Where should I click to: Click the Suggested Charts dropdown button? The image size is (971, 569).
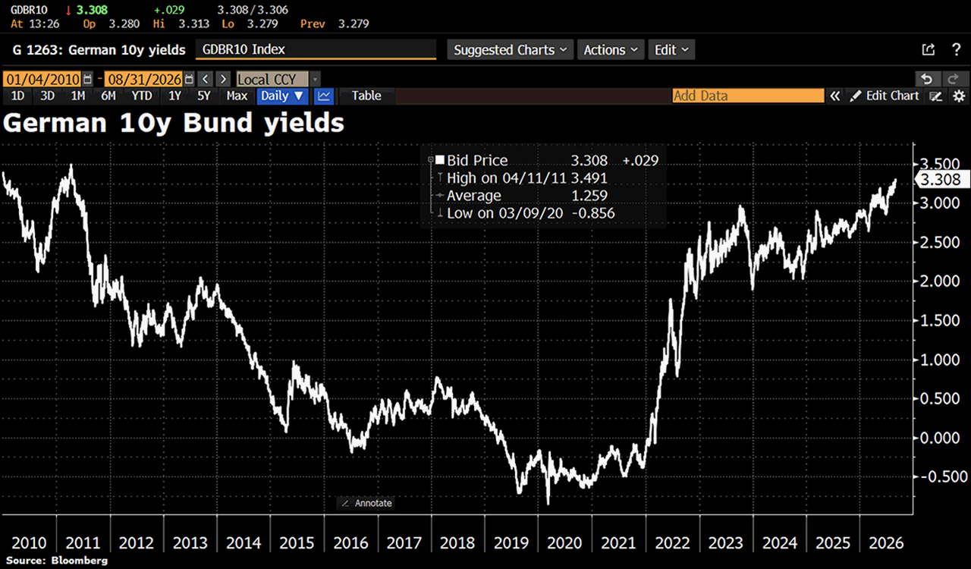click(x=511, y=50)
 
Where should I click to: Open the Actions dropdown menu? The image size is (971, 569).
click(x=611, y=50)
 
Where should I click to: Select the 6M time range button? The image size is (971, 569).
click(x=108, y=96)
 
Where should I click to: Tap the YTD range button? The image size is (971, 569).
click(x=142, y=96)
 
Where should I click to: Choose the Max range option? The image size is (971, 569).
click(x=237, y=96)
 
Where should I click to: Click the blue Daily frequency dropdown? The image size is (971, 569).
click(x=282, y=96)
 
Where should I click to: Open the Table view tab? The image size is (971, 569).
click(x=366, y=96)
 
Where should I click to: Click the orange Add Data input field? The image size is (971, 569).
click(x=748, y=96)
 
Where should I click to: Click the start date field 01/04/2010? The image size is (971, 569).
click(x=42, y=80)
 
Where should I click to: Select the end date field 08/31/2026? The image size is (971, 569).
click(x=144, y=80)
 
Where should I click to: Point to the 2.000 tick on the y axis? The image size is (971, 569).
click(x=940, y=281)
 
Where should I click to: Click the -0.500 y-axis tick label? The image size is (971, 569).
click(x=943, y=476)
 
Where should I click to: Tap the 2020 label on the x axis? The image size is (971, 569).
click(x=564, y=542)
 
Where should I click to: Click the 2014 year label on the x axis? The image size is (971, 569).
click(x=244, y=542)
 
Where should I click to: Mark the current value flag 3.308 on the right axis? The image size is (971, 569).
click(x=941, y=180)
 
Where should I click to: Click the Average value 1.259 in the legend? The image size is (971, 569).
click(x=589, y=196)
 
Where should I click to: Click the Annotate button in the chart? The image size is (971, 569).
click(x=366, y=503)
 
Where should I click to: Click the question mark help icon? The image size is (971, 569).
click(x=957, y=49)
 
